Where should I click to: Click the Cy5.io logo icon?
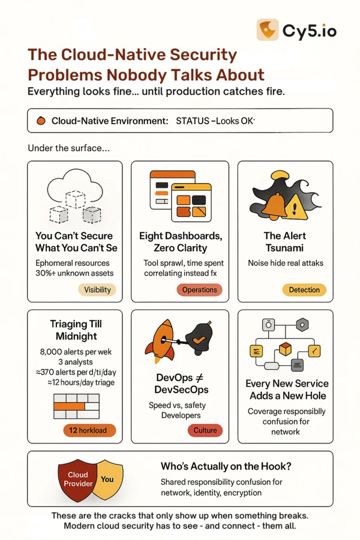pos(268,29)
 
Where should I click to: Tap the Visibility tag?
pos(97,290)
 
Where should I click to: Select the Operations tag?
pos(199,290)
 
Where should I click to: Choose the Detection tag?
pos(304,290)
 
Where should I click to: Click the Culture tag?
pos(205,430)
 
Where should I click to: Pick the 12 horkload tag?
pos(89,430)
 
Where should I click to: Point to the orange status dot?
pos(41,121)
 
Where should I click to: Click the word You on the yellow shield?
pos(107,479)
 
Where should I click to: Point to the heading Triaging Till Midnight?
pos(76,330)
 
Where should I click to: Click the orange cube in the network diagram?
pos(285,349)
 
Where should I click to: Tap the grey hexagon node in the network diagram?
pos(302,325)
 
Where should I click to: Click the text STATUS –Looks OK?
pos(215,121)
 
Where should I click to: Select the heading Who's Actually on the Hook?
pos(226,466)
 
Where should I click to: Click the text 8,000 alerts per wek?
pos(76,352)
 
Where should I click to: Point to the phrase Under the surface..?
pos(68,148)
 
